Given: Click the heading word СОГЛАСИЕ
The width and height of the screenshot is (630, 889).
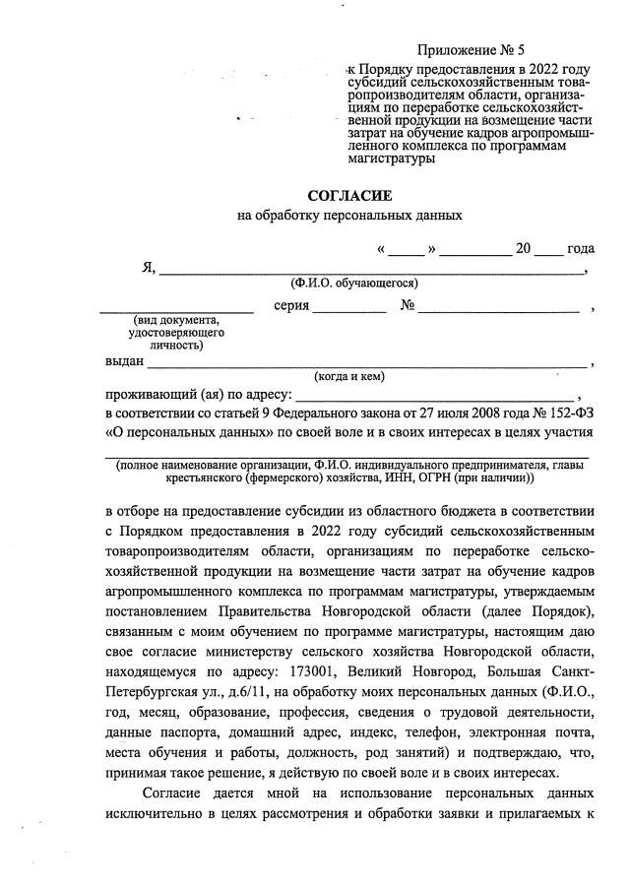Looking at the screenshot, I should (349, 196).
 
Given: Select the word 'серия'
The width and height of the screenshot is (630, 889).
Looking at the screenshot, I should (291, 306).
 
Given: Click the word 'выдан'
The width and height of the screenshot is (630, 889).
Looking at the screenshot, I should (124, 361).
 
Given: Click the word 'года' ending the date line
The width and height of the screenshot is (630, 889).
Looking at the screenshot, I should (581, 248).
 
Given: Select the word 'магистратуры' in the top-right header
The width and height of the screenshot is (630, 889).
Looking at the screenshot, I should (391, 159).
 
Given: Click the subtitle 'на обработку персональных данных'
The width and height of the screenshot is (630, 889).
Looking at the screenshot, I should (349, 216).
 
